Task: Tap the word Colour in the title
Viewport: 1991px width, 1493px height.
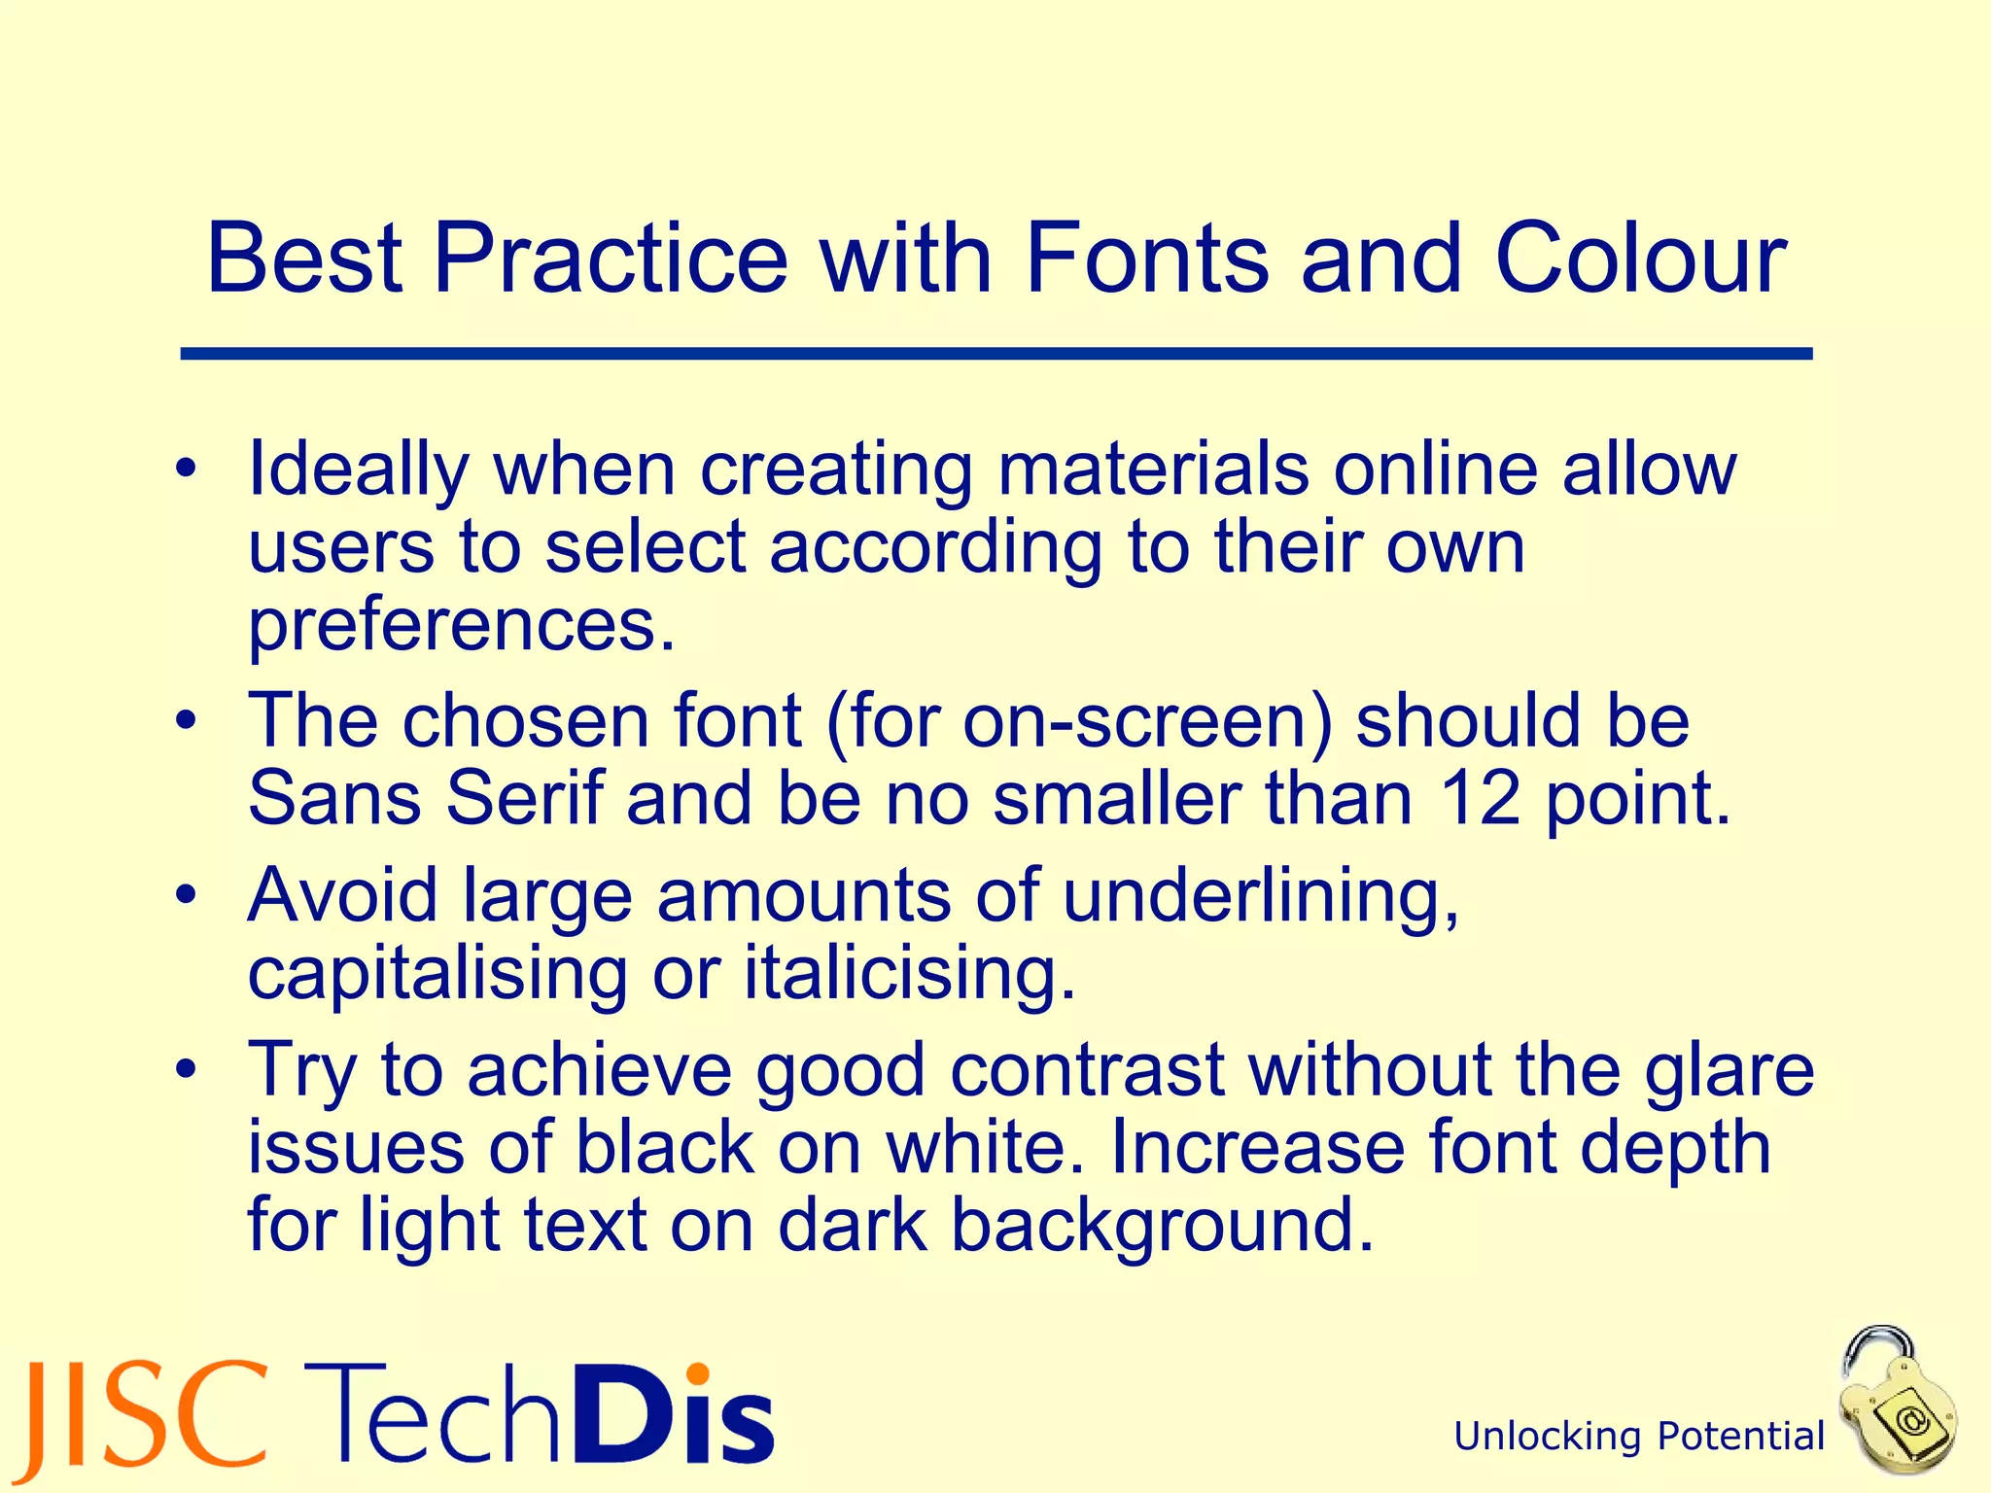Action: click(x=1641, y=258)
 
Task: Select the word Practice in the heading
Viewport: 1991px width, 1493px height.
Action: click(x=610, y=258)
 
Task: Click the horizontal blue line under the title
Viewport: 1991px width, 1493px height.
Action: click(x=995, y=354)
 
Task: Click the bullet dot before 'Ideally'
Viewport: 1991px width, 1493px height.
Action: click(x=187, y=470)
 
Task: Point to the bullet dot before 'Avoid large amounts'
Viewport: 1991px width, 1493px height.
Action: click(x=187, y=894)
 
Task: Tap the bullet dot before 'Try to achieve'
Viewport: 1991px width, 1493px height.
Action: click(x=187, y=1069)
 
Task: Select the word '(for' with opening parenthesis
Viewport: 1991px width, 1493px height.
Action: click(x=883, y=721)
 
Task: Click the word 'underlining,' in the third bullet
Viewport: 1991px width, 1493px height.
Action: click(x=1261, y=896)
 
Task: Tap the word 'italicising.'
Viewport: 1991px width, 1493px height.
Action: click(x=910, y=974)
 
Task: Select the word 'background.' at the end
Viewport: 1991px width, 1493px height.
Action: click(x=1162, y=1227)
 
